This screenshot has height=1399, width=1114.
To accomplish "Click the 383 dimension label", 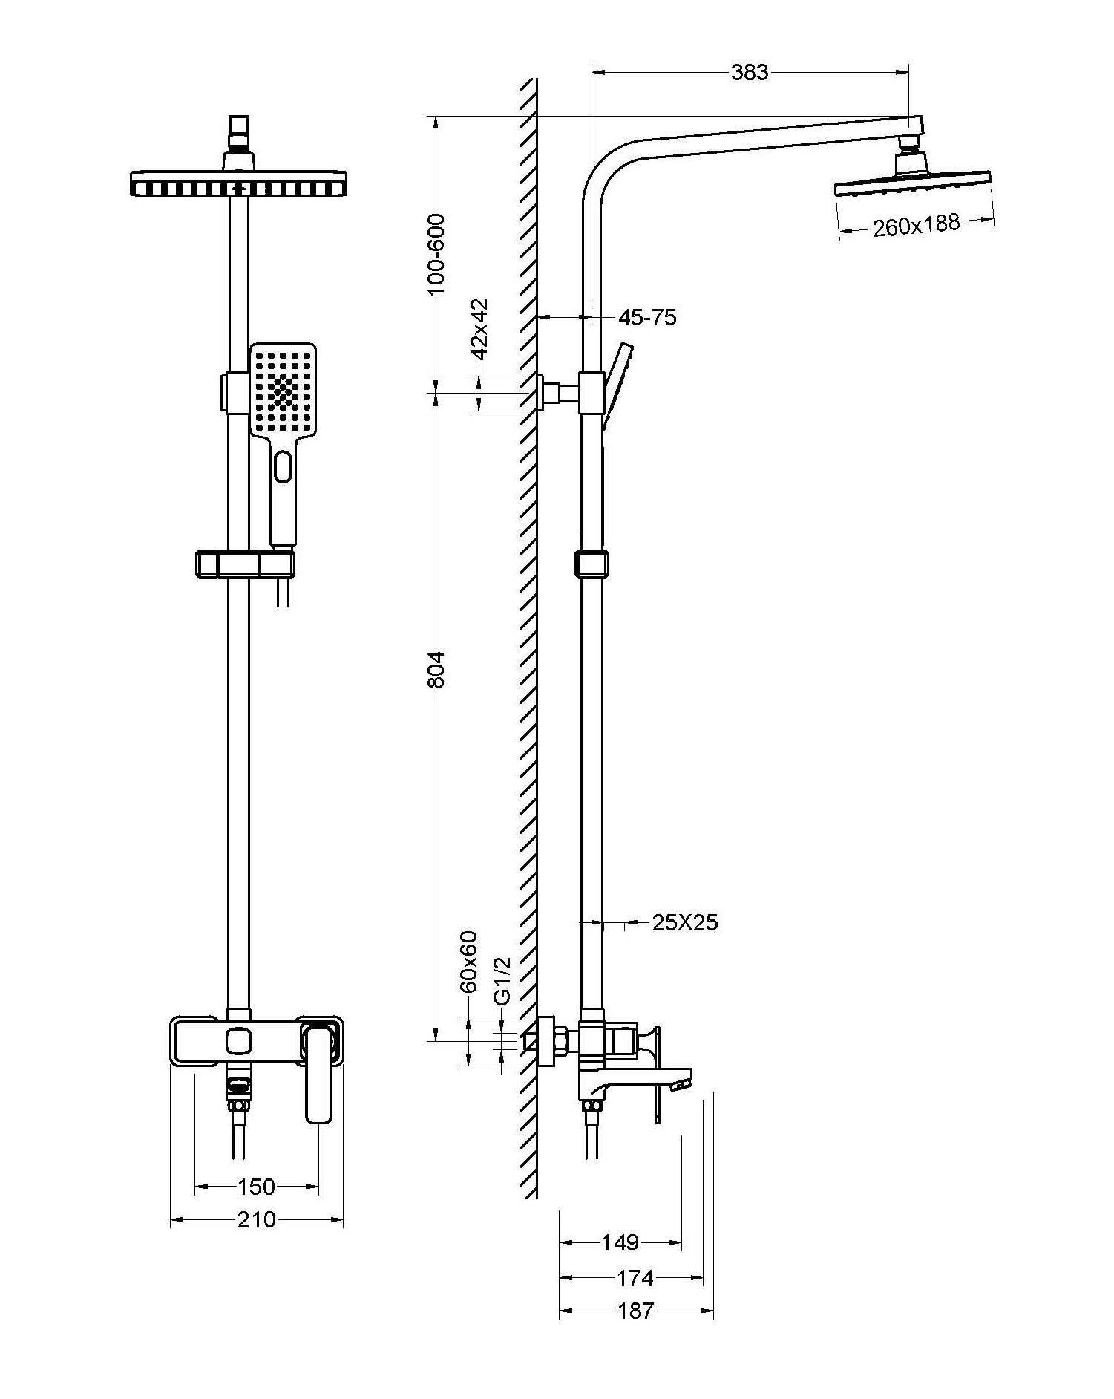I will pyautogui.click(x=750, y=72).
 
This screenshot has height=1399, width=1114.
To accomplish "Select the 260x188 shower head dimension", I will pyautogui.click(x=916, y=225).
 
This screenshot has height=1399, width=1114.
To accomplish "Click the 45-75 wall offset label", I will pyautogui.click(x=647, y=318).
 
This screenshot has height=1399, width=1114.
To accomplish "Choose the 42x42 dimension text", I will pyautogui.click(x=480, y=329).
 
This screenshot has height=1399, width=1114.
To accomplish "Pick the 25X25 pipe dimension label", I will pyautogui.click(x=684, y=922).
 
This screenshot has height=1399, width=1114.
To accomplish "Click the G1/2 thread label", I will pyautogui.click(x=502, y=981).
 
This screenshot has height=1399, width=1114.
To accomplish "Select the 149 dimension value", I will pyautogui.click(x=620, y=1242).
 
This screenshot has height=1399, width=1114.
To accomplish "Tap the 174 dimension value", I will pyautogui.click(x=635, y=1277).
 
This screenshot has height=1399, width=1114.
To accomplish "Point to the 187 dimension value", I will pyautogui.click(x=636, y=1311).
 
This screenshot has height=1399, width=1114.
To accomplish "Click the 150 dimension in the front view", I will pyautogui.click(x=257, y=1187).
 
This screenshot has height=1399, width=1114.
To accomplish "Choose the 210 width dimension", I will pyautogui.click(x=257, y=1219).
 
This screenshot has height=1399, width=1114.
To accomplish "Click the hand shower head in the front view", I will pyautogui.click(x=282, y=390).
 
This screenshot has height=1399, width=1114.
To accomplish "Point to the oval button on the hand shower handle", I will pyautogui.click(x=283, y=467).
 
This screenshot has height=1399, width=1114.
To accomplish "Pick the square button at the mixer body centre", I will pyautogui.click(x=238, y=1040).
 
